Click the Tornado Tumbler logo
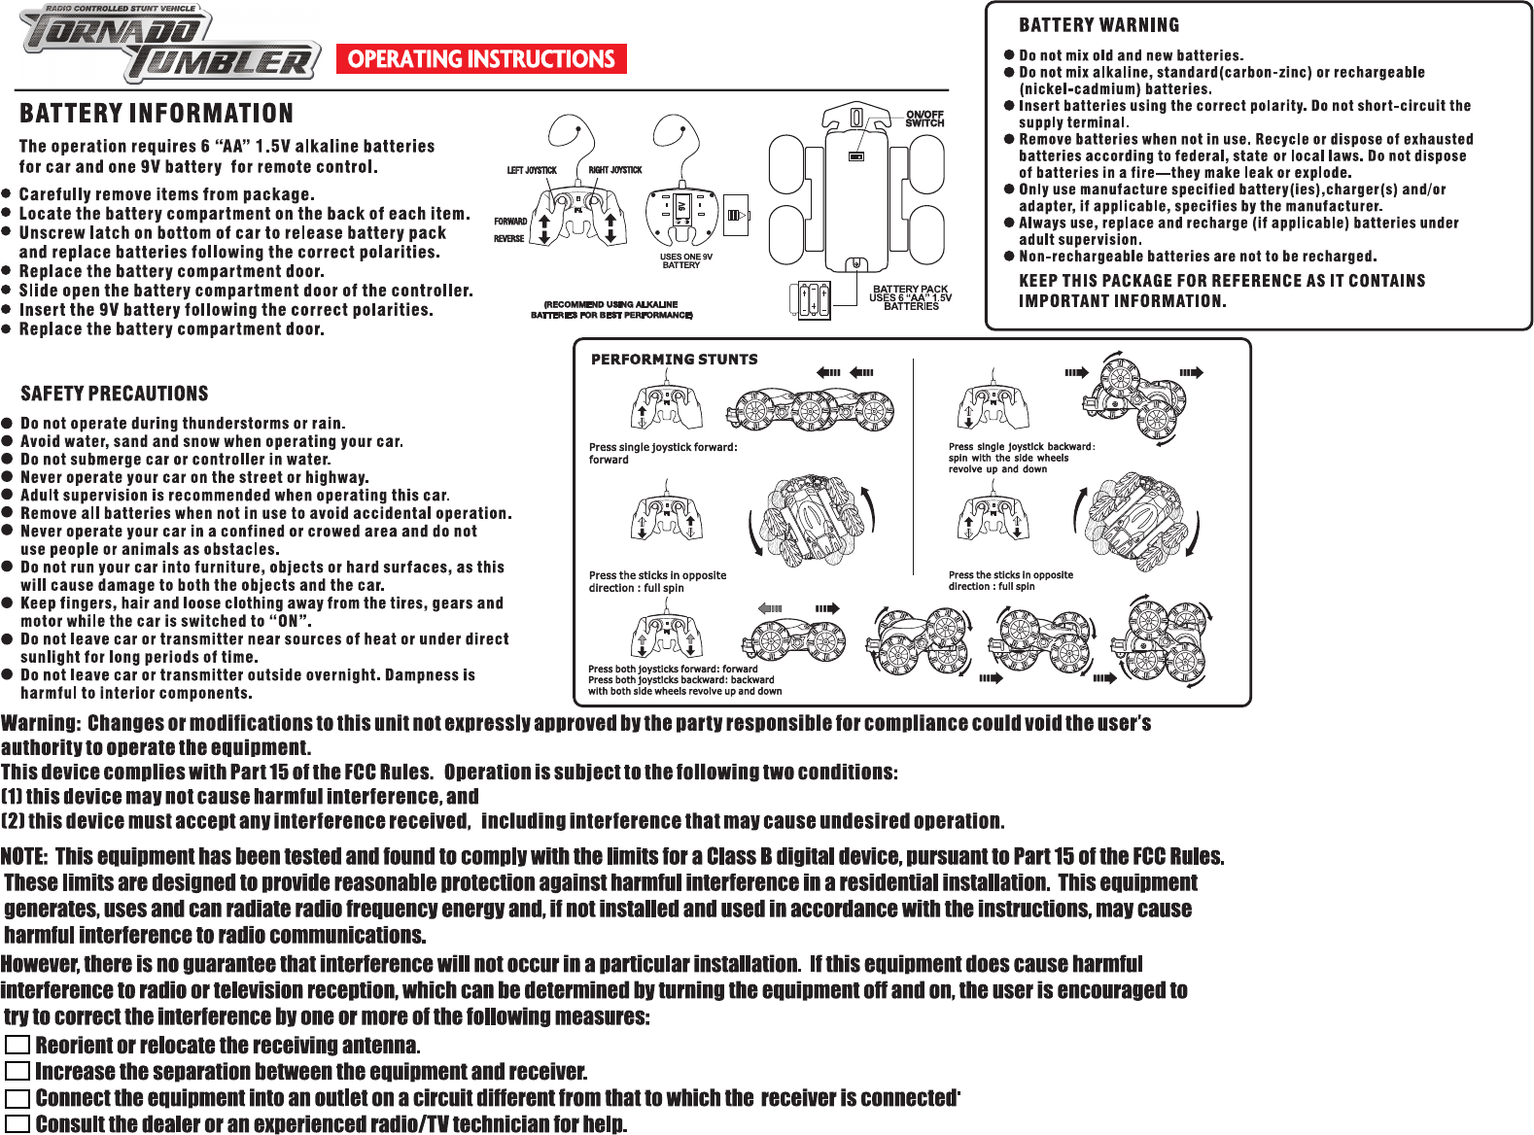[170, 44]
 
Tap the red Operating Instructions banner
[481, 59]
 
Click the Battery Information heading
[157, 114]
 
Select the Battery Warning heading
[1098, 25]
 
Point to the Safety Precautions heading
[115, 394]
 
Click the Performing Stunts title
[674, 360]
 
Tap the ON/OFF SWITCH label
[924, 119]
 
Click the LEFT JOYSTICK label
[532, 170]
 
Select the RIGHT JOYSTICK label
[615, 170]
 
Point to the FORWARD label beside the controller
[510, 222]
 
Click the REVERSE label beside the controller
[508, 239]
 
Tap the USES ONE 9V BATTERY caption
[685, 260]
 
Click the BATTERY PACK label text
[910, 290]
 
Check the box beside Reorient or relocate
[17, 1046]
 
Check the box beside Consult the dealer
[17, 1124]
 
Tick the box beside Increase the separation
[17, 1072]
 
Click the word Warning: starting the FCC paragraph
[40, 724]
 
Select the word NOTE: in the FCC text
[24, 857]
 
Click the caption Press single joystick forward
[663, 448]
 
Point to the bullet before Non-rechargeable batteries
[1009, 257]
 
